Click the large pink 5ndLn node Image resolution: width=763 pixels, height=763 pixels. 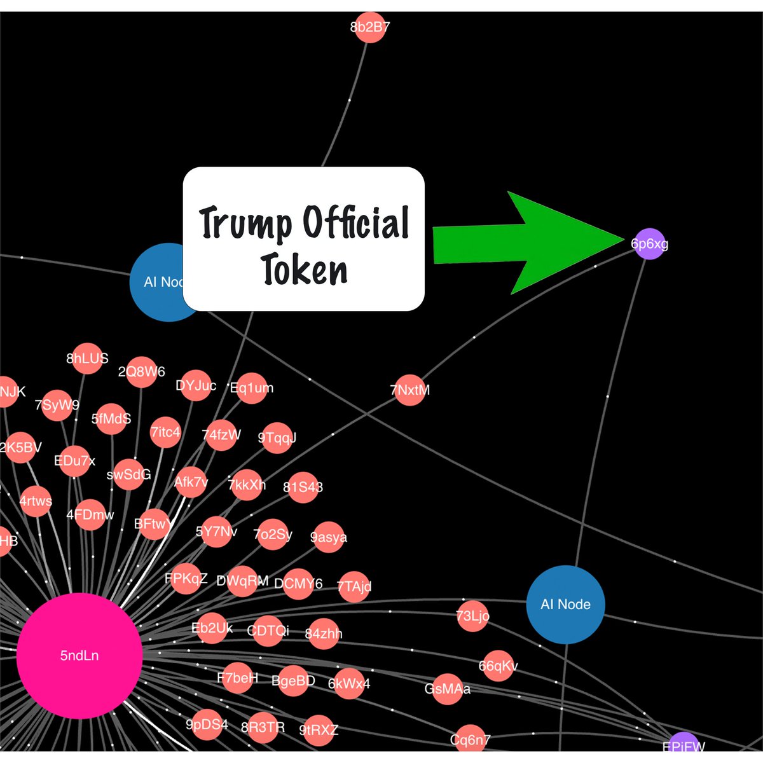79,656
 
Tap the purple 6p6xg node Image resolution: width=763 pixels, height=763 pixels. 649,244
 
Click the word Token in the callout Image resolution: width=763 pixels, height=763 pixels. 304,270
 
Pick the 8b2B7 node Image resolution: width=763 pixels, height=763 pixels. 369,27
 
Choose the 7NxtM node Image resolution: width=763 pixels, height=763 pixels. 409,390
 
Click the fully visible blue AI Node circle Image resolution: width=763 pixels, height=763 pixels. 565,604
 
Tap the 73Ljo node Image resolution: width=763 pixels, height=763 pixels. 473,615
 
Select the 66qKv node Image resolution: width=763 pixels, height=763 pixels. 498,666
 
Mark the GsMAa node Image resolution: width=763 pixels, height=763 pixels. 448,689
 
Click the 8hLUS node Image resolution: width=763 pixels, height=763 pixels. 88,359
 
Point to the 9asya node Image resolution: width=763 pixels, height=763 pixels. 328,537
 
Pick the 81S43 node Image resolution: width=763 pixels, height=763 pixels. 303,487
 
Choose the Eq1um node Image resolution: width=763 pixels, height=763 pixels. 252,388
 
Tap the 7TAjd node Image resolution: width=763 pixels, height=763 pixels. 354,586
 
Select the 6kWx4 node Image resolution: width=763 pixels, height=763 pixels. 348,684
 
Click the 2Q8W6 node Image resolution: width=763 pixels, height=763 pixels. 141,372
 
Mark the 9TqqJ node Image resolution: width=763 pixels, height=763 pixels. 277,437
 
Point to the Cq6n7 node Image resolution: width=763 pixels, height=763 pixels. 471,739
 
